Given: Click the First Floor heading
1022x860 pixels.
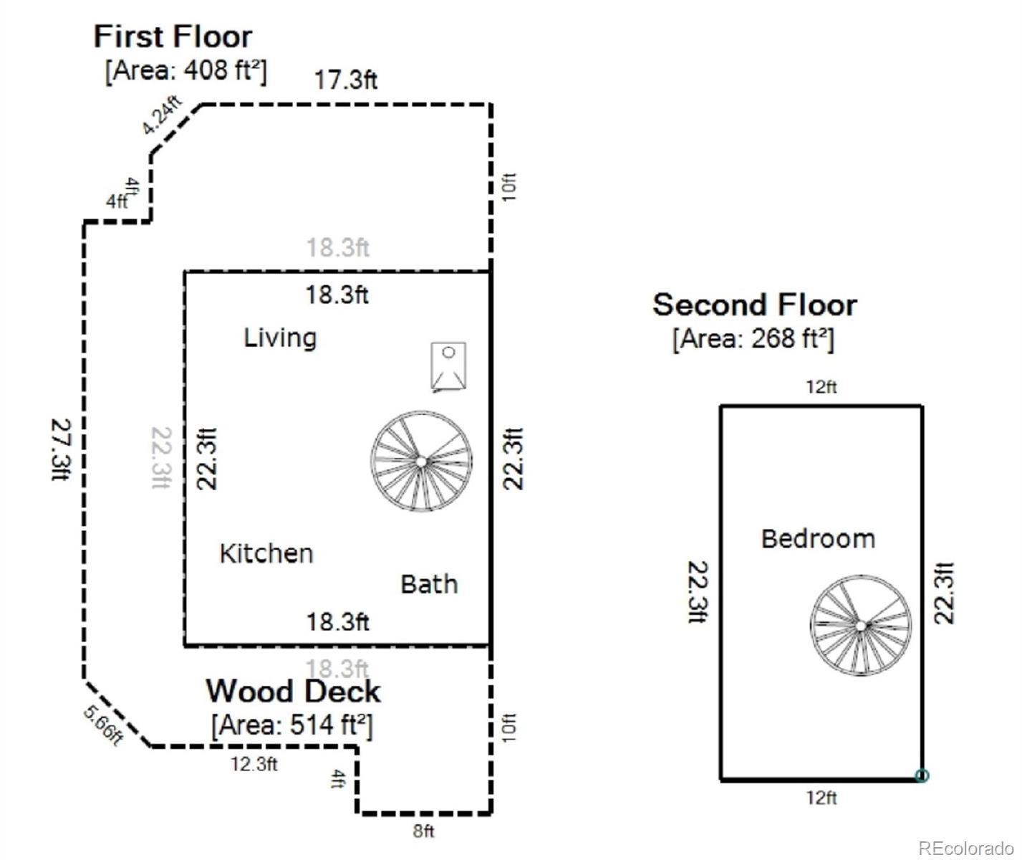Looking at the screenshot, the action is [173, 37].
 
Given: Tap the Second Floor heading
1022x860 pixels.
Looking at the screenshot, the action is [755, 305].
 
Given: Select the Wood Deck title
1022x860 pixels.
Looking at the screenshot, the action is [293, 691].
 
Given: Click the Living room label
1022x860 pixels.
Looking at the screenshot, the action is [281, 338].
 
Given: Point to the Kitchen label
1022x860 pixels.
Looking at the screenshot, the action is [266, 554].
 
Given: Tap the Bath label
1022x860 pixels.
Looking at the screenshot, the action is [429, 584].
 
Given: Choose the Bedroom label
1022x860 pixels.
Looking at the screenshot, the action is [818, 539].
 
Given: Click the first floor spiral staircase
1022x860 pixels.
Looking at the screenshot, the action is [421, 462].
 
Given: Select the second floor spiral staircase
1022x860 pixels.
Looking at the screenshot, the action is [860, 626].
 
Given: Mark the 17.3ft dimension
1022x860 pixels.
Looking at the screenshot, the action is [346, 80].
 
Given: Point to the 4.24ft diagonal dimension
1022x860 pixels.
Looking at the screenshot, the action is [162, 115].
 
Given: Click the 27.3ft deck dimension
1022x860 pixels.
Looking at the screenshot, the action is [62, 449].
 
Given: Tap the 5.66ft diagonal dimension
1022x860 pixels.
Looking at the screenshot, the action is [103, 725].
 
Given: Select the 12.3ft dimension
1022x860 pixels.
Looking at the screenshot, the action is [254, 764].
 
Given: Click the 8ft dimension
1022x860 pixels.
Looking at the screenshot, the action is [423, 831].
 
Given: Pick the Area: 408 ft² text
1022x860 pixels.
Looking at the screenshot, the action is [186, 72].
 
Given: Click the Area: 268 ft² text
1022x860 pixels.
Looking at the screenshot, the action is [753, 339].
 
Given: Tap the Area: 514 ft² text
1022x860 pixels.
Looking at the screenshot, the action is [292, 725].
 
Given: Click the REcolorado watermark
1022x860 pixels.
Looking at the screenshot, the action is [965, 848].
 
